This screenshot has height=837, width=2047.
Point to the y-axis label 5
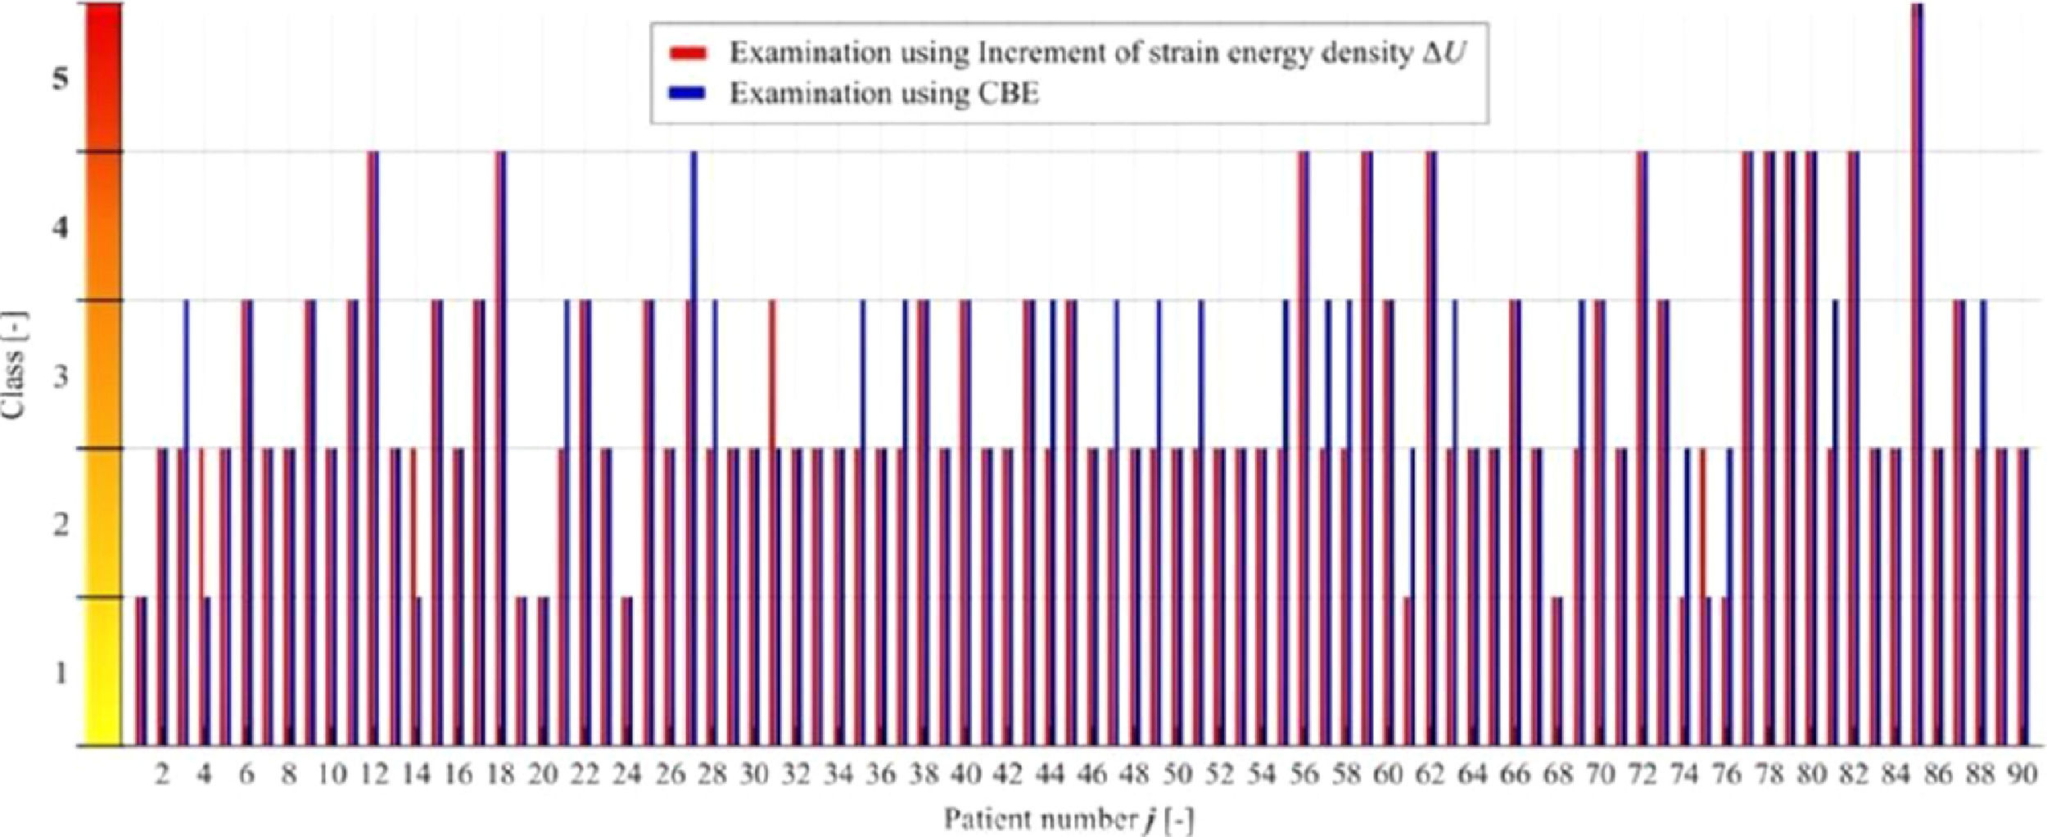[60, 81]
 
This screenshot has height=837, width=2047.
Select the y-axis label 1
[60, 674]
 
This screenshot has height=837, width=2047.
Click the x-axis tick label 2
[162, 774]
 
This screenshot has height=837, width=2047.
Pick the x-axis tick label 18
[500, 774]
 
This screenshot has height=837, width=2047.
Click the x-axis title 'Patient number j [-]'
[1069, 819]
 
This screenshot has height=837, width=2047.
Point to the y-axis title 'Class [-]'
[14, 365]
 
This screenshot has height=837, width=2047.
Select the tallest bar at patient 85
[1918, 369]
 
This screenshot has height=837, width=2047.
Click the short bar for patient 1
[141, 672]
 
